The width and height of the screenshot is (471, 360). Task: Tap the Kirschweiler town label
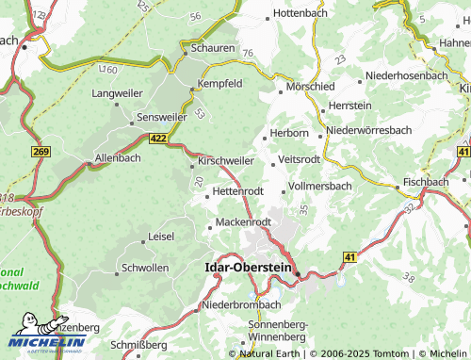click(x=227, y=162)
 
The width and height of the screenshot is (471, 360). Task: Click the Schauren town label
click(x=213, y=46)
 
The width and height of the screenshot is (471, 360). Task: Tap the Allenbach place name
click(x=118, y=157)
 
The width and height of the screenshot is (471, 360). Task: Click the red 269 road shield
click(x=40, y=152)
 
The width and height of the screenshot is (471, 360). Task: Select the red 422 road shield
click(x=159, y=139)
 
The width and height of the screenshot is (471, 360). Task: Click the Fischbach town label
click(x=425, y=181)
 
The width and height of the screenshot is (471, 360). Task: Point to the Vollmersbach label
click(x=320, y=186)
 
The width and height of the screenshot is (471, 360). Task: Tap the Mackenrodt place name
click(x=244, y=221)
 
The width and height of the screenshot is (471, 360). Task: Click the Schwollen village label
click(x=146, y=268)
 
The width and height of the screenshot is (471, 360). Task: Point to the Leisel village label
click(x=161, y=237)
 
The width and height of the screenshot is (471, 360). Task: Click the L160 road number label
click(x=107, y=70)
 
